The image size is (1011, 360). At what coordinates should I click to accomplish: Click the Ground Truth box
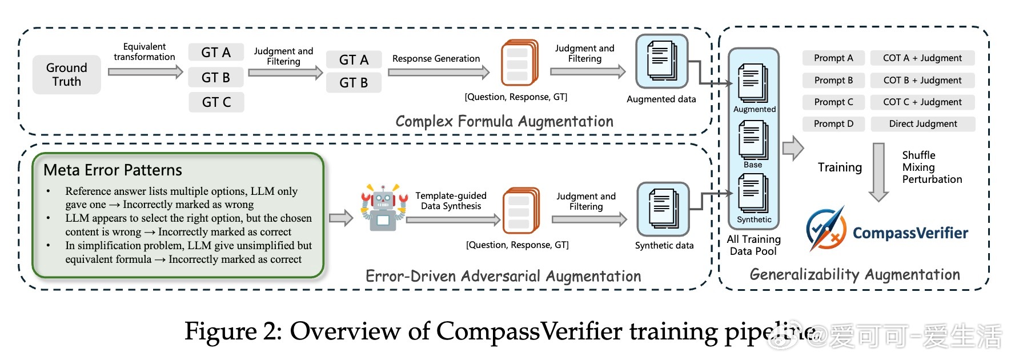[x=67, y=74]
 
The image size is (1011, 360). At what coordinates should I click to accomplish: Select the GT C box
[x=216, y=102]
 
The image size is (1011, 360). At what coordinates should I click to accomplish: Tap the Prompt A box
[x=833, y=58]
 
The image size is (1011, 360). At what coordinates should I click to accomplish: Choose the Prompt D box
[x=833, y=123]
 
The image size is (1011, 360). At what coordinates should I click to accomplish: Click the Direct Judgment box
[x=923, y=123]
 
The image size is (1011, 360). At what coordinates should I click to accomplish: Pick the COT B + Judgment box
[x=922, y=80]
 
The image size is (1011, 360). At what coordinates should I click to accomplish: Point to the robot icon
[x=384, y=207]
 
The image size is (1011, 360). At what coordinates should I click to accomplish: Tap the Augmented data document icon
[x=661, y=61]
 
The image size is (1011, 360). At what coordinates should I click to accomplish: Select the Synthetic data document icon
[x=663, y=209]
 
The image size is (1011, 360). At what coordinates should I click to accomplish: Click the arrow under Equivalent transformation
[x=146, y=72]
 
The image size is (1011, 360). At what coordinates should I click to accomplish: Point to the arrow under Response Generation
[x=439, y=72]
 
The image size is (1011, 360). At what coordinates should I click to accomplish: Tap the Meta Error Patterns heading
[x=113, y=170]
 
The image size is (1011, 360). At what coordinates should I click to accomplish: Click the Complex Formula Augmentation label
[x=504, y=121]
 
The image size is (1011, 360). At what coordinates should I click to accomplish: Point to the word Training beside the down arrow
[x=840, y=167]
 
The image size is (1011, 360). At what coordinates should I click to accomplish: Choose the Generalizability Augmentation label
[x=854, y=274]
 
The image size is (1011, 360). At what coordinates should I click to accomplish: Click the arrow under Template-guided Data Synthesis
[x=454, y=220]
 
